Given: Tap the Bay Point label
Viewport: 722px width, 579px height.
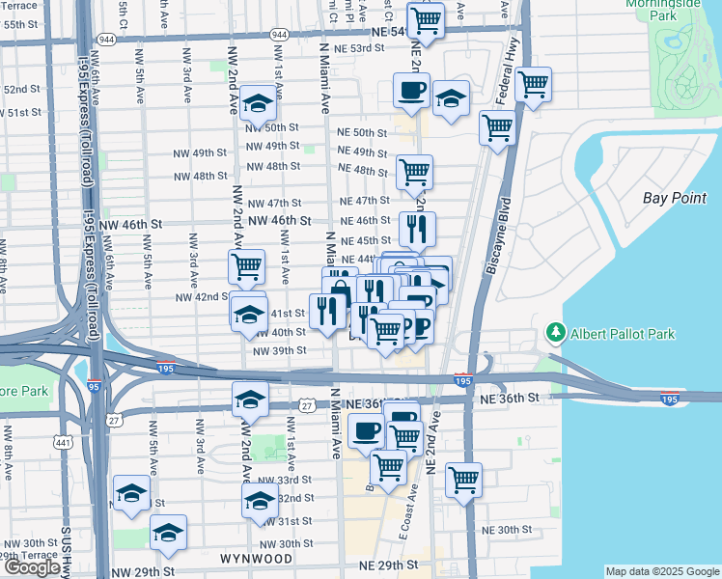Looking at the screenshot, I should coord(669,198).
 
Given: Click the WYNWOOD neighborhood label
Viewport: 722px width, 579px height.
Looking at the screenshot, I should coord(256,559).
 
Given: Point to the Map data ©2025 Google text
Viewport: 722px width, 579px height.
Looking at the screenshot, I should coord(661,571).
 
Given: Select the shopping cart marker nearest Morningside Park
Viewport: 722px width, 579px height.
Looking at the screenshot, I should coord(533,84).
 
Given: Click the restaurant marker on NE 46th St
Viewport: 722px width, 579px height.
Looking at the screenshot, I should coord(417,229).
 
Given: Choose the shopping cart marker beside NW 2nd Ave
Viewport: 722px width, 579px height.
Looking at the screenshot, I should coord(246,264).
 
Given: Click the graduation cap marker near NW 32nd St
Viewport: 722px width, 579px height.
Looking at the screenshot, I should coord(260,500).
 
